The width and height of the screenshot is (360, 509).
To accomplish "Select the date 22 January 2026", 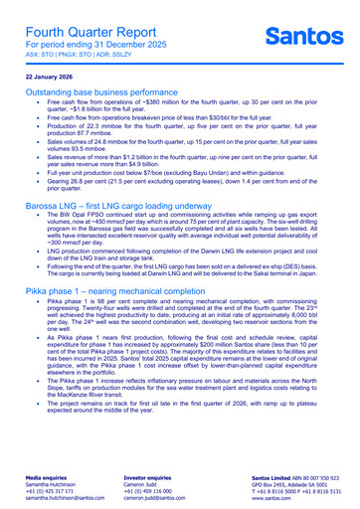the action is coord(50,76).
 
